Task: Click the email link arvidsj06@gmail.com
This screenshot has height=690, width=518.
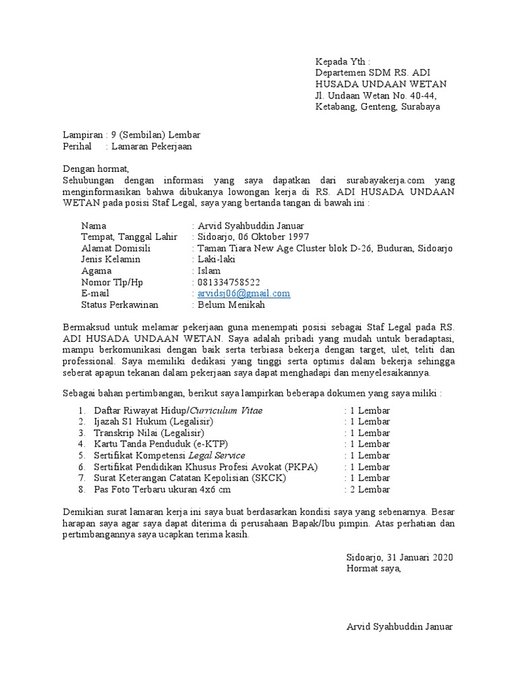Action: [x=243, y=294]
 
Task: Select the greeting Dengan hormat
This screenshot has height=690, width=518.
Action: [x=94, y=168]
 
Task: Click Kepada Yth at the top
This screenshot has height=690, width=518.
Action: [x=343, y=61]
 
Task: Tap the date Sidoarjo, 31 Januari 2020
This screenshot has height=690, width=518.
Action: [x=399, y=557]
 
